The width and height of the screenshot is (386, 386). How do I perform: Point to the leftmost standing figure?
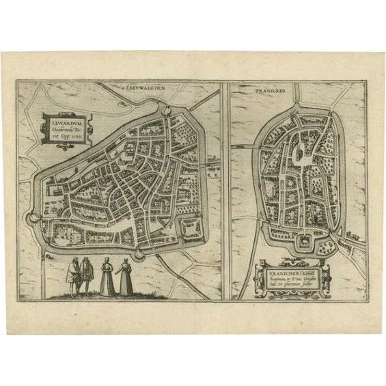point(72,276)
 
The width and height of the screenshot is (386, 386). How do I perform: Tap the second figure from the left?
point(87,275)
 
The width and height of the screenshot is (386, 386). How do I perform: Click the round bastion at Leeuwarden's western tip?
point(31,218)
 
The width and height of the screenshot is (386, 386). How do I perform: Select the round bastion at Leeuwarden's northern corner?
point(164,107)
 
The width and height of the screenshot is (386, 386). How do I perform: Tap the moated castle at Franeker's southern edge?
point(301,242)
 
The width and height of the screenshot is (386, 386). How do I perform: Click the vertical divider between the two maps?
point(225,191)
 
